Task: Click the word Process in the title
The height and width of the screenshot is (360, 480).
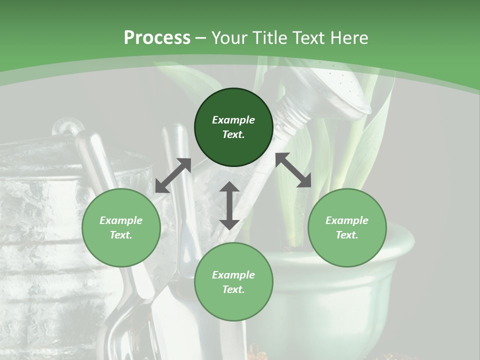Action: [x=157, y=38]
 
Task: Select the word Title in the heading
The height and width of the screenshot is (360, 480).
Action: [x=270, y=38]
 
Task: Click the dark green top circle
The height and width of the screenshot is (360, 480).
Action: [x=233, y=127]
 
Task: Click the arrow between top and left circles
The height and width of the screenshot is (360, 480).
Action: [x=173, y=175]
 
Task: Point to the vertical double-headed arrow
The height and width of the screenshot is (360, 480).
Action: [x=229, y=205]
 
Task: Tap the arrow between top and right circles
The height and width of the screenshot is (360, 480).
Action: [x=293, y=170]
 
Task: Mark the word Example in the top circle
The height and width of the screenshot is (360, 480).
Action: [x=233, y=120]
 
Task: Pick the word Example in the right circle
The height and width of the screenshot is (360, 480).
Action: [x=347, y=220]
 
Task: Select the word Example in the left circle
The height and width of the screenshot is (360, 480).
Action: [x=121, y=220]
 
